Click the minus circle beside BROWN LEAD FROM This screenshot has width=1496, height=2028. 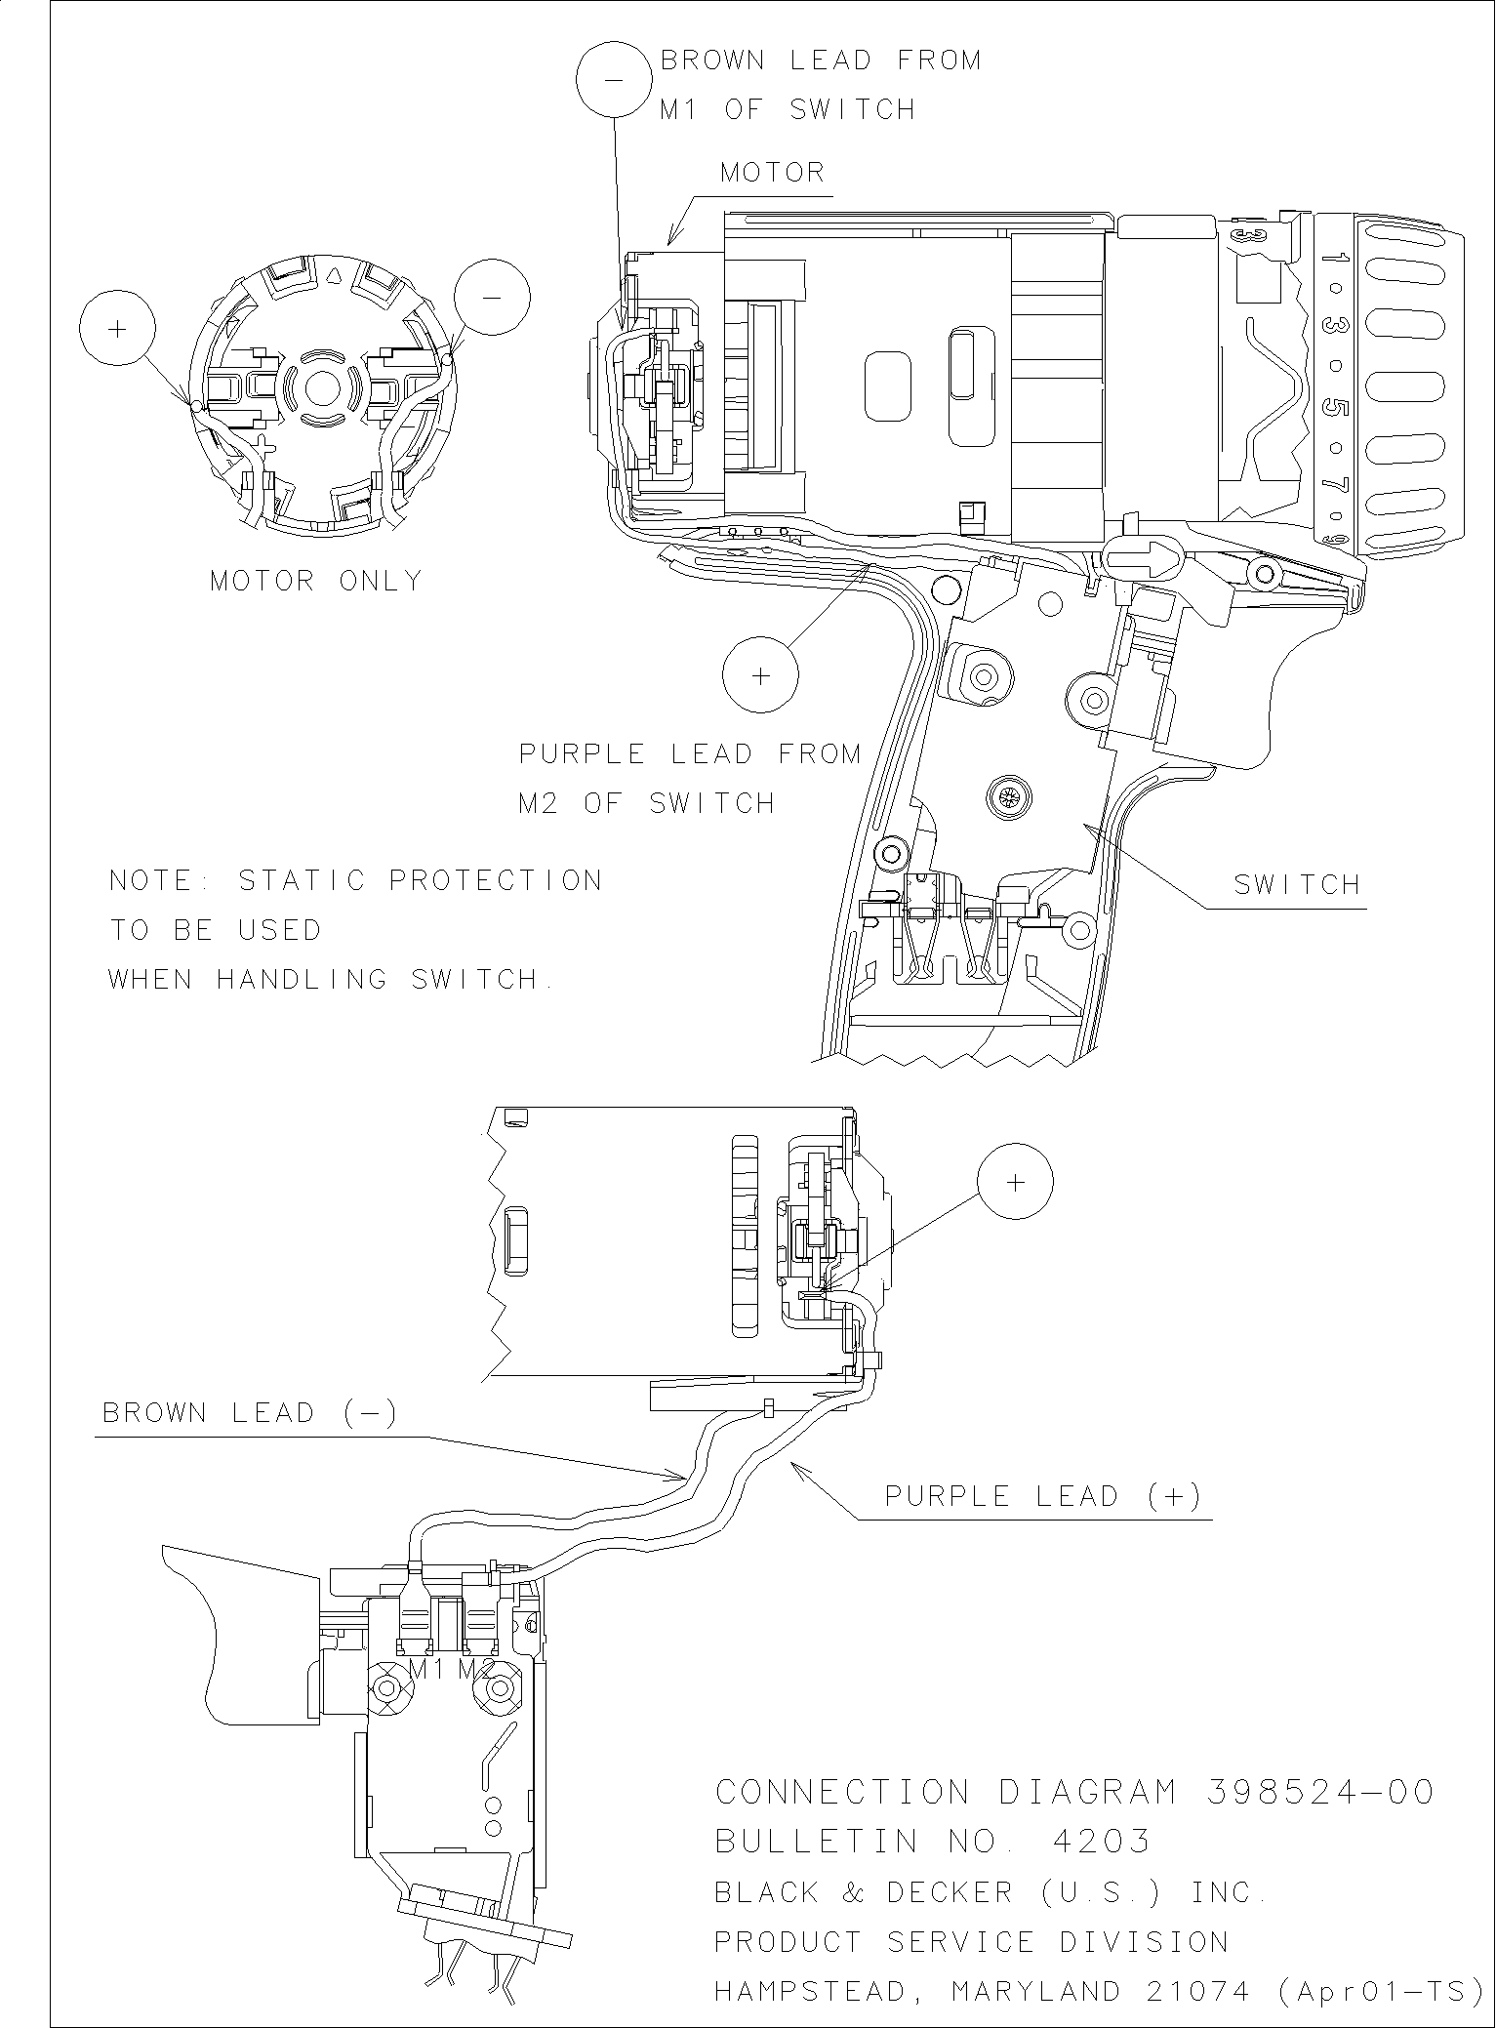coord(614,80)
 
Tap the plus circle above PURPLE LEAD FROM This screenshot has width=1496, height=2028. coord(760,675)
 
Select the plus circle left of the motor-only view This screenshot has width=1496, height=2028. coord(117,329)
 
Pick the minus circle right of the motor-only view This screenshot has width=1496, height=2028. coord(492,297)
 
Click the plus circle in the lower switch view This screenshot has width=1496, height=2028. coord(1015,1182)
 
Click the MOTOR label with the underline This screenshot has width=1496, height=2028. coord(772,174)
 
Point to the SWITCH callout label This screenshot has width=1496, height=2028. coord(1297,885)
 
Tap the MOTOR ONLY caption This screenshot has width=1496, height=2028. coord(317,581)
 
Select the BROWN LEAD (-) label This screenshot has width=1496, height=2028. coord(250,1413)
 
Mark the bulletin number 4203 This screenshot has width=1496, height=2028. coord(1102,1842)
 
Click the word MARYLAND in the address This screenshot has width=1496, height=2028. coord(1035,1990)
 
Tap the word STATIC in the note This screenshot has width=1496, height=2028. coord(303,880)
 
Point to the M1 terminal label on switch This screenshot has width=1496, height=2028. coord(426,1669)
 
